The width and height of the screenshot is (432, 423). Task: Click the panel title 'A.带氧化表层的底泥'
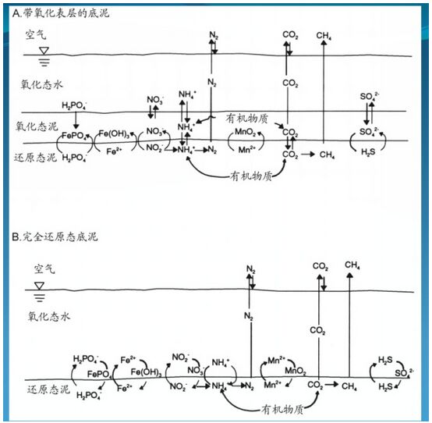click(x=61, y=13)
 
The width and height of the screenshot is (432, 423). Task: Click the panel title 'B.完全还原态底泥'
click(x=55, y=237)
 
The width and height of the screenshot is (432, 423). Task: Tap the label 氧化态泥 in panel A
click(x=37, y=126)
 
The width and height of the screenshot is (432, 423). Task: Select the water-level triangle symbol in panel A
click(x=44, y=51)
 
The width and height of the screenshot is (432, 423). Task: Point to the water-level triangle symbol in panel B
click(x=40, y=286)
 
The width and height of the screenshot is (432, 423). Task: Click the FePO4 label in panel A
click(x=75, y=136)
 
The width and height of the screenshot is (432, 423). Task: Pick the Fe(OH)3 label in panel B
click(x=147, y=372)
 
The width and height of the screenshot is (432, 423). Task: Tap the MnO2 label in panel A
click(x=245, y=132)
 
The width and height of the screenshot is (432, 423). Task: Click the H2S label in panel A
click(x=368, y=151)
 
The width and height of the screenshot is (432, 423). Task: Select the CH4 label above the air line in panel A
click(x=324, y=36)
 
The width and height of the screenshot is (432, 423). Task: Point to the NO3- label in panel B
click(x=196, y=371)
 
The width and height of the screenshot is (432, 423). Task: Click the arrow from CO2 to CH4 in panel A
click(x=308, y=155)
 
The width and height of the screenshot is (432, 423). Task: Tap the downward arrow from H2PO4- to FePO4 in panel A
click(x=76, y=120)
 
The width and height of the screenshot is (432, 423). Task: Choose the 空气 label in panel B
click(x=44, y=268)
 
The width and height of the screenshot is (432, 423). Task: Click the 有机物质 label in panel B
click(x=282, y=410)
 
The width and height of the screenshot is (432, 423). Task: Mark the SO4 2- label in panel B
click(x=404, y=373)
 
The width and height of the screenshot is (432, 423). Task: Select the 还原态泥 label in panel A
click(x=35, y=158)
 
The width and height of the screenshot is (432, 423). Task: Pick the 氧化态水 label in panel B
click(x=49, y=316)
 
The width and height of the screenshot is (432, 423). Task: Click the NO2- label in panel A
click(x=154, y=148)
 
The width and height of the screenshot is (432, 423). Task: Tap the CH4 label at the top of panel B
click(x=352, y=265)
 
